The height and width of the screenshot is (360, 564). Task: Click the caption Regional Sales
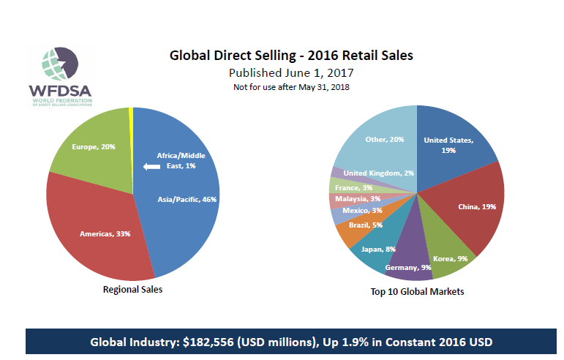pos(132,290)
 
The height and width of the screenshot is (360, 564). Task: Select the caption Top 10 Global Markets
pos(418,291)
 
